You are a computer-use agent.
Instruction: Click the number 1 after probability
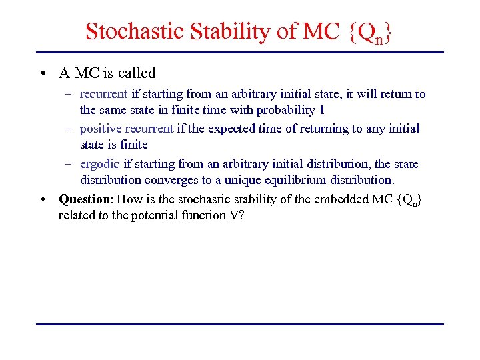(x=321, y=110)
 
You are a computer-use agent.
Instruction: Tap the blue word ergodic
(x=99, y=164)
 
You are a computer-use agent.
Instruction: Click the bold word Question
(x=83, y=199)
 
